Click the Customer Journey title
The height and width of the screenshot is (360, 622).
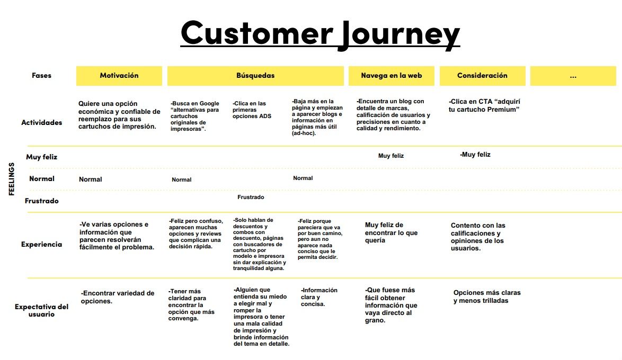(320, 34)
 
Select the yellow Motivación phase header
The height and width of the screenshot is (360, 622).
(119, 76)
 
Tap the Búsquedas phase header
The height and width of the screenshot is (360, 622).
(255, 76)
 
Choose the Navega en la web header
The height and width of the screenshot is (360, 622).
(392, 76)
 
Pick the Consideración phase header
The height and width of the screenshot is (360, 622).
(482, 76)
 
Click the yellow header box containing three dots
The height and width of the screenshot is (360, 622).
(573, 76)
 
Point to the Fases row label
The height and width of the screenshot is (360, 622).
(42, 75)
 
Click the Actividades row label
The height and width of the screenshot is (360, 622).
(42, 122)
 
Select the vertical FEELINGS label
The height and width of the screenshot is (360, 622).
(12, 179)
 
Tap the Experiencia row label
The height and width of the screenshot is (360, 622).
(42, 244)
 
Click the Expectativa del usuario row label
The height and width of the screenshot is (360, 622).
(42, 310)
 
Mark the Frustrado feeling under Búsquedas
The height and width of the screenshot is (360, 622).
(251, 197)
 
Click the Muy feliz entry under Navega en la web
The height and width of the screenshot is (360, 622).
(390, 156)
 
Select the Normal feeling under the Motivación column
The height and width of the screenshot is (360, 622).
(91, 179)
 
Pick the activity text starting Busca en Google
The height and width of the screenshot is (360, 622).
(195, 116)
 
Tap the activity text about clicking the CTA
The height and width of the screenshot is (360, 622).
(484, 105)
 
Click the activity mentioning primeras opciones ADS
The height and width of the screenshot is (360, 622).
(252, 110)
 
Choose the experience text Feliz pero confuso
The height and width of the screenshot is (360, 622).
(196, 233)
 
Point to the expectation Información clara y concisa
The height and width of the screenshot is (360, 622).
(319, 297)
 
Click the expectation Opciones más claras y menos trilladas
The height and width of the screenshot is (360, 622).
(487, 296)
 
